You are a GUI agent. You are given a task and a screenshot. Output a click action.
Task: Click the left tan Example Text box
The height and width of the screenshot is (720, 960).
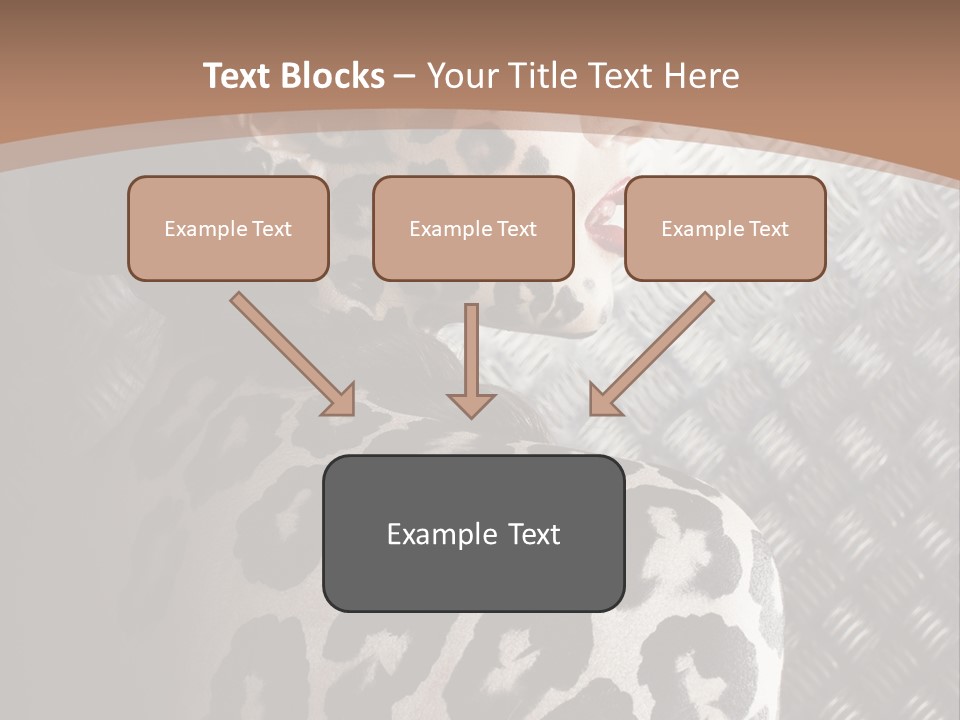[228, 229]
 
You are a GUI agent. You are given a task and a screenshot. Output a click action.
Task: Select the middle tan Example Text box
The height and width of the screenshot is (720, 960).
[473, 229]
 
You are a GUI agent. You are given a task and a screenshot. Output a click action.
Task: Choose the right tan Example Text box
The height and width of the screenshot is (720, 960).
[725, 229]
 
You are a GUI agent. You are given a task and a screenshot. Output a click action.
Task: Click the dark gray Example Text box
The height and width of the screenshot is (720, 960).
[473, 533]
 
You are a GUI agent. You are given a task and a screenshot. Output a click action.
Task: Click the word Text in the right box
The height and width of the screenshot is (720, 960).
[768, 229]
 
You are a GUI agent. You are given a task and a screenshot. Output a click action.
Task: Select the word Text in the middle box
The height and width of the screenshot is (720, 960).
[516, 229]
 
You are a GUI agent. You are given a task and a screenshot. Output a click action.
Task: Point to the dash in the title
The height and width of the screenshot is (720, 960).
[405, 76]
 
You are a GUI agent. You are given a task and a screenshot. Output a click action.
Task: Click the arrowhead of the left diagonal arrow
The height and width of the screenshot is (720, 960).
[340, 400]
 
